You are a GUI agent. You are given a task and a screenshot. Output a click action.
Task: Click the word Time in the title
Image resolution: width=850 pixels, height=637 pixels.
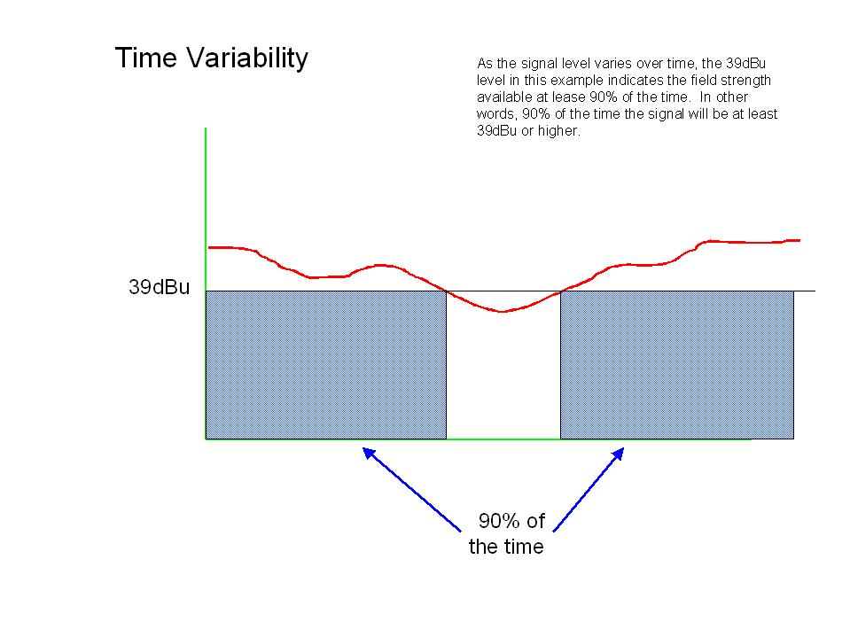146,57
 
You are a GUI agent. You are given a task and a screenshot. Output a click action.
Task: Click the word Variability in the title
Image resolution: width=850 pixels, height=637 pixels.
248,58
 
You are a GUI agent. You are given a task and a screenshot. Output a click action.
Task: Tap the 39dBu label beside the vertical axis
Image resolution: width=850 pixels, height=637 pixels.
160,287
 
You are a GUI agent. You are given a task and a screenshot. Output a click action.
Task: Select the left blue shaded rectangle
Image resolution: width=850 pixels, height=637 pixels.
326,365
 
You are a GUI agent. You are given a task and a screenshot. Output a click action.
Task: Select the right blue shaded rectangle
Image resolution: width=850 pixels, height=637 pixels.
677,365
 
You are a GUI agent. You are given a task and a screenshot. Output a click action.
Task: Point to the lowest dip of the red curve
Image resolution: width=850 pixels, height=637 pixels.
502,312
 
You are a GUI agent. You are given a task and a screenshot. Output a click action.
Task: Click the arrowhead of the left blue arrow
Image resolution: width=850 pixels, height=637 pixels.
369,453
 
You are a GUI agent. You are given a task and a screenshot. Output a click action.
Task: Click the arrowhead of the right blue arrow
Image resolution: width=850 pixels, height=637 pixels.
618,454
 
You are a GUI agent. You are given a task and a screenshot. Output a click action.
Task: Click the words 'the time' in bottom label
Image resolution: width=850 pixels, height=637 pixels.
506,547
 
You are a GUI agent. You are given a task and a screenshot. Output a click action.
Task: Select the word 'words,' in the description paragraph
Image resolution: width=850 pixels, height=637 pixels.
496,114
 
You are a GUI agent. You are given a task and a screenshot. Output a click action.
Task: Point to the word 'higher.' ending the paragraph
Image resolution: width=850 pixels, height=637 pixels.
559,131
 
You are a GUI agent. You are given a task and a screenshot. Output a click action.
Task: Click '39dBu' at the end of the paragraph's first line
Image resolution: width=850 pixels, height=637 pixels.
746,64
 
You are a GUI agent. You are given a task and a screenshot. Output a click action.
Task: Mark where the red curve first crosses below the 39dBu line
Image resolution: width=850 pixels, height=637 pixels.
447,291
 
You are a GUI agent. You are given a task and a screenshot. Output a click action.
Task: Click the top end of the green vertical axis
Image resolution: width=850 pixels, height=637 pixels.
206,128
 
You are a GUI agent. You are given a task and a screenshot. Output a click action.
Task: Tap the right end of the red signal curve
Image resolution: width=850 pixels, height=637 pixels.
799,240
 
